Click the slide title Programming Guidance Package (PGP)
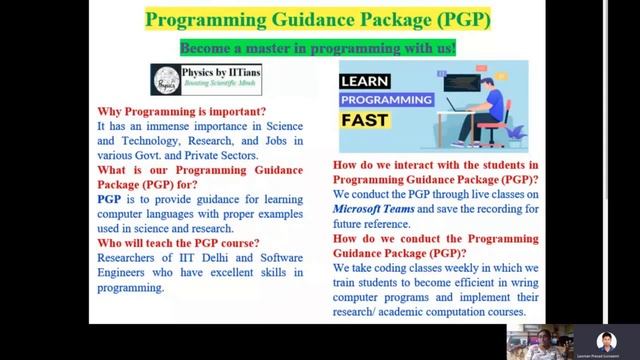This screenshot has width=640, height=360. coord(318,20)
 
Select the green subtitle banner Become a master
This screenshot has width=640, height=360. coord(318,48)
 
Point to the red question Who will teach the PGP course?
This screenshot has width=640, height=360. coord(178,243)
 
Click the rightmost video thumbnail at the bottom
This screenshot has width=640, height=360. coord(604,338)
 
